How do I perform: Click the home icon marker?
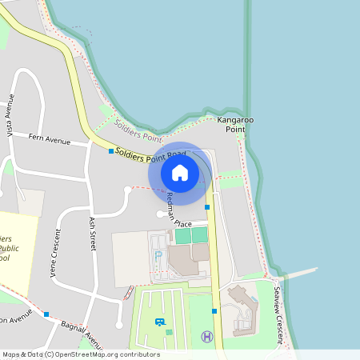point(180,172)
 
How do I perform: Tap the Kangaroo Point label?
point(235,124)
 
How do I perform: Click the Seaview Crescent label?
point(280,316)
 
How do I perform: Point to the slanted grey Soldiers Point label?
point(133,127)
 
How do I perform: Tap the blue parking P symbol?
point(158,255)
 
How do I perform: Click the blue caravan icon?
point(159,322)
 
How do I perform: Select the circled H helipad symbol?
point(207,337)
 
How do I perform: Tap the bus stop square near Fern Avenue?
point(111,150)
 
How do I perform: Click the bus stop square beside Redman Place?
point(207,207)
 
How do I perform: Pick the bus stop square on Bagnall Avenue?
point(47,314)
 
